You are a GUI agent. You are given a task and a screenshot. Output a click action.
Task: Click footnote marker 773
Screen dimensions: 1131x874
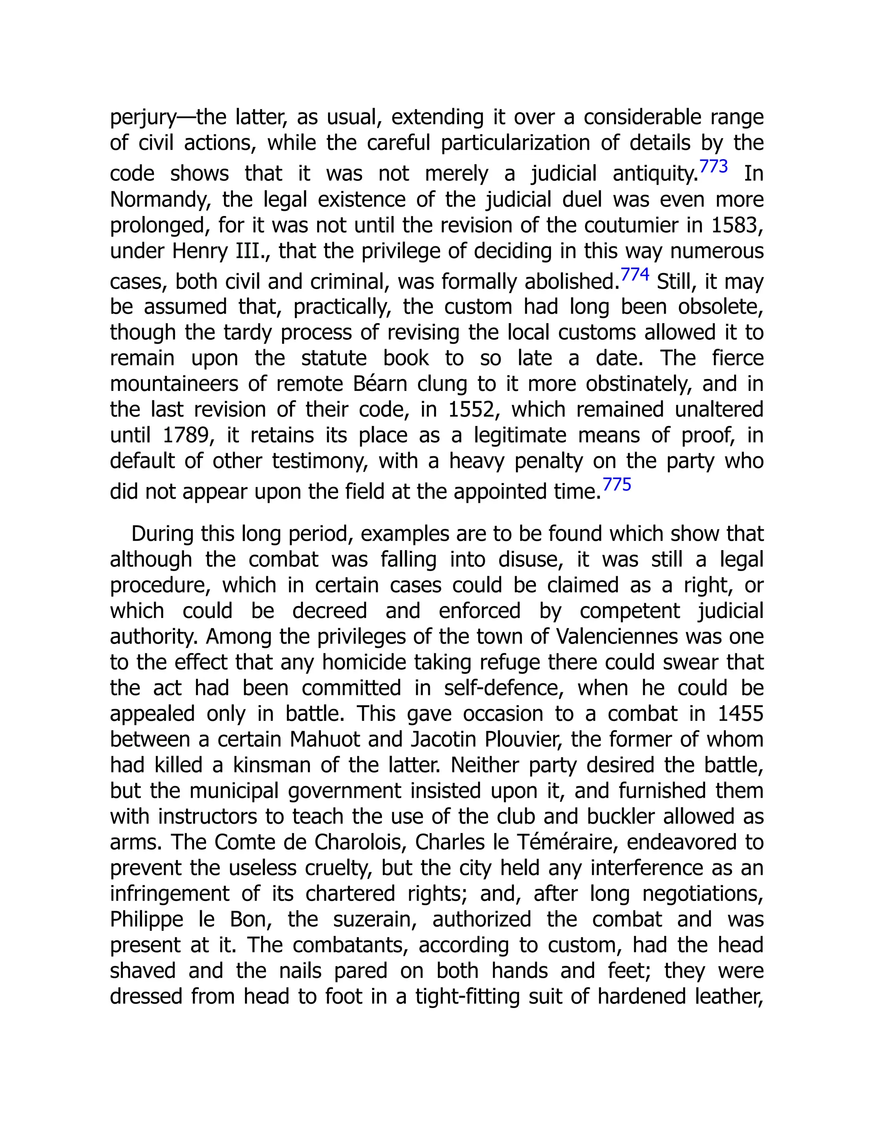(x=713, y=167)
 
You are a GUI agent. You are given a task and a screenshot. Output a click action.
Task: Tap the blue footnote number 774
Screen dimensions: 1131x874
(x=634, y=274)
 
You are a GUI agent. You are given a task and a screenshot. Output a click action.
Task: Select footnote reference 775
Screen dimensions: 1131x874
(x=617, y=485)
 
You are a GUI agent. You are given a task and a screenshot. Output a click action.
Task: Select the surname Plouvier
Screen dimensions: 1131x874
(x=523, y=740)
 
